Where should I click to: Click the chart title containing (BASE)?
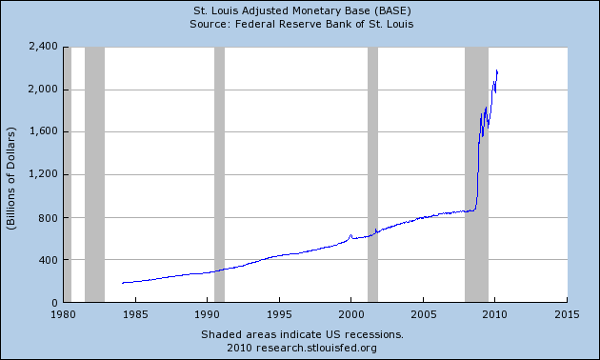302,10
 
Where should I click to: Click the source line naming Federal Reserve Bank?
302,24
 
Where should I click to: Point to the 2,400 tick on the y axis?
43,47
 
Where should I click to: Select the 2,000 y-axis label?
43,90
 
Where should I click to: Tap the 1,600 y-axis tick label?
44,131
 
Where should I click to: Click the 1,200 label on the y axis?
44,174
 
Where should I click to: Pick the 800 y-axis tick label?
48,218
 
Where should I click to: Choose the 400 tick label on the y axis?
48,260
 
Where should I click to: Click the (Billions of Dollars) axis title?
11,178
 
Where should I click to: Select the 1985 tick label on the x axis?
135,314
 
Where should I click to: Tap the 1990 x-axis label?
207,314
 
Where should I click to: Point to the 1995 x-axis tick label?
279,314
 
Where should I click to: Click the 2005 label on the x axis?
423,314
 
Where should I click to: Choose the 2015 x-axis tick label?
567,314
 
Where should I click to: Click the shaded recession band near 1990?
219,174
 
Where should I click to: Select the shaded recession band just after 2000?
372,174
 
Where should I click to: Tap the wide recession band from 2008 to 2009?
476,174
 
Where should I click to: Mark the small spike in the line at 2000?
350,235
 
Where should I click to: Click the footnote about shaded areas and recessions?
302,334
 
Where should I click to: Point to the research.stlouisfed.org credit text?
302,348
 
